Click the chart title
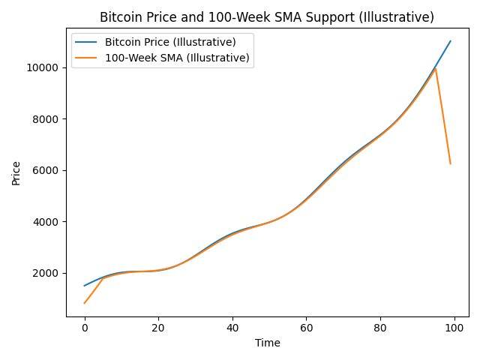267,17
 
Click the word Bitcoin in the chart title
120,17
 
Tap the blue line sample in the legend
88,42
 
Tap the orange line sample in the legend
88,58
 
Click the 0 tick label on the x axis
85,328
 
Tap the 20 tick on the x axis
158,328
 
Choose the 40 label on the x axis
232,328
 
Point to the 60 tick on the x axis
306,328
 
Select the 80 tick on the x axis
380,328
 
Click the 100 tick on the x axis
454,328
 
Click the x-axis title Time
267,343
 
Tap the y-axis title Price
16,172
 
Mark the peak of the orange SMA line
436,69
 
